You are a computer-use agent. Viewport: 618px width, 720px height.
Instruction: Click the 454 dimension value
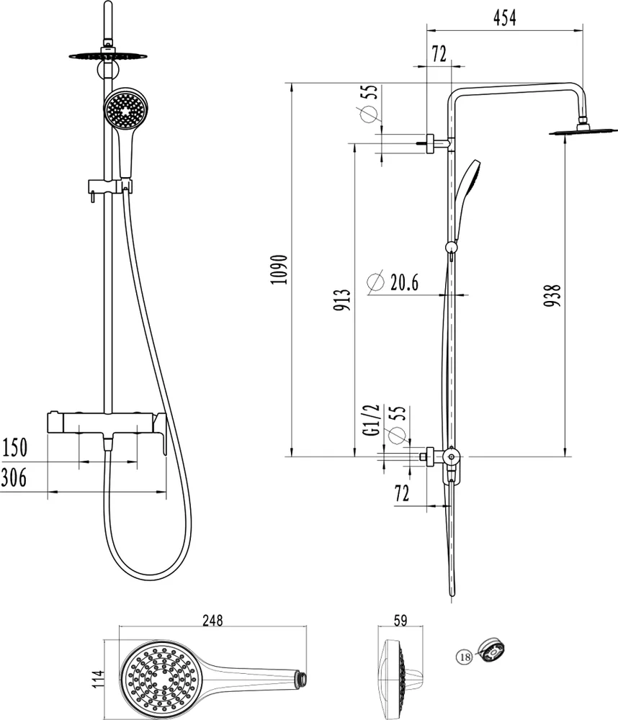click(504, 18)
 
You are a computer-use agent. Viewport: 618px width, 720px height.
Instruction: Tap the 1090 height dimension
click(279, 269)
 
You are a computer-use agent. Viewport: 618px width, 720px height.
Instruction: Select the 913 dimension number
click(342, 300)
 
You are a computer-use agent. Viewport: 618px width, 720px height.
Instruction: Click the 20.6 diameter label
click(404, 282)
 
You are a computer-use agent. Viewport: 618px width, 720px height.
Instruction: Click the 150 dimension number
click(14, 447)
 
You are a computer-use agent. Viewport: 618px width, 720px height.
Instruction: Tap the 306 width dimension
click(14, 477)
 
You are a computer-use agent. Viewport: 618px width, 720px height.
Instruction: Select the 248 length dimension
click(212, 621)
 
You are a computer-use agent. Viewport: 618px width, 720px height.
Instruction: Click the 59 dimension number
click(400, 621)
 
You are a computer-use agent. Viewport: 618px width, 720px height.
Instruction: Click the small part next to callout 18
click(491, 651)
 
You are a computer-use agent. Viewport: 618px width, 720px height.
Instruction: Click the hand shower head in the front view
click(125, 109)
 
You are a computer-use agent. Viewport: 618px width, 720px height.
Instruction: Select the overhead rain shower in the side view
click(581, 132)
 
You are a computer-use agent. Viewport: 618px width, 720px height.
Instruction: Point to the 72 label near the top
click(439, 54)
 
